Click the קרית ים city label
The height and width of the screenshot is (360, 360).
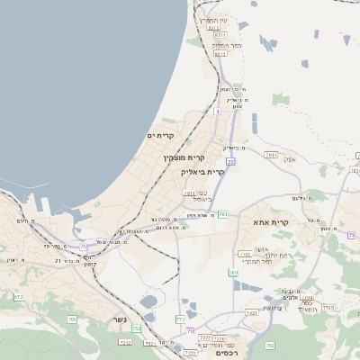click(x=159, y=135)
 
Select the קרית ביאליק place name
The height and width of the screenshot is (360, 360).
click(x=202, y=171)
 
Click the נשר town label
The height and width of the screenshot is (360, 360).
click(x=120, y=319)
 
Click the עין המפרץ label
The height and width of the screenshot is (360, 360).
click(x=214, y=20)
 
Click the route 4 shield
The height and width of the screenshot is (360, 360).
click(x=217, y=112)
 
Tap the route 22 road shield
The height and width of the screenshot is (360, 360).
click(x=231, y=162)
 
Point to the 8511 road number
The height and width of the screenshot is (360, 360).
click(x=220, y=34)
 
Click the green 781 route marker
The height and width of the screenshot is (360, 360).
click(x=222, y=214)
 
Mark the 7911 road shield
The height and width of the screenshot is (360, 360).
click(x=271, y=155)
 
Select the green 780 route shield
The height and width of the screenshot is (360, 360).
click(x=233, y=272)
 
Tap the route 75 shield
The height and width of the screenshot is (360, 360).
click(x=83, y=244)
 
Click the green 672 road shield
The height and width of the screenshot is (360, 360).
click(x=18, y=296)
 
